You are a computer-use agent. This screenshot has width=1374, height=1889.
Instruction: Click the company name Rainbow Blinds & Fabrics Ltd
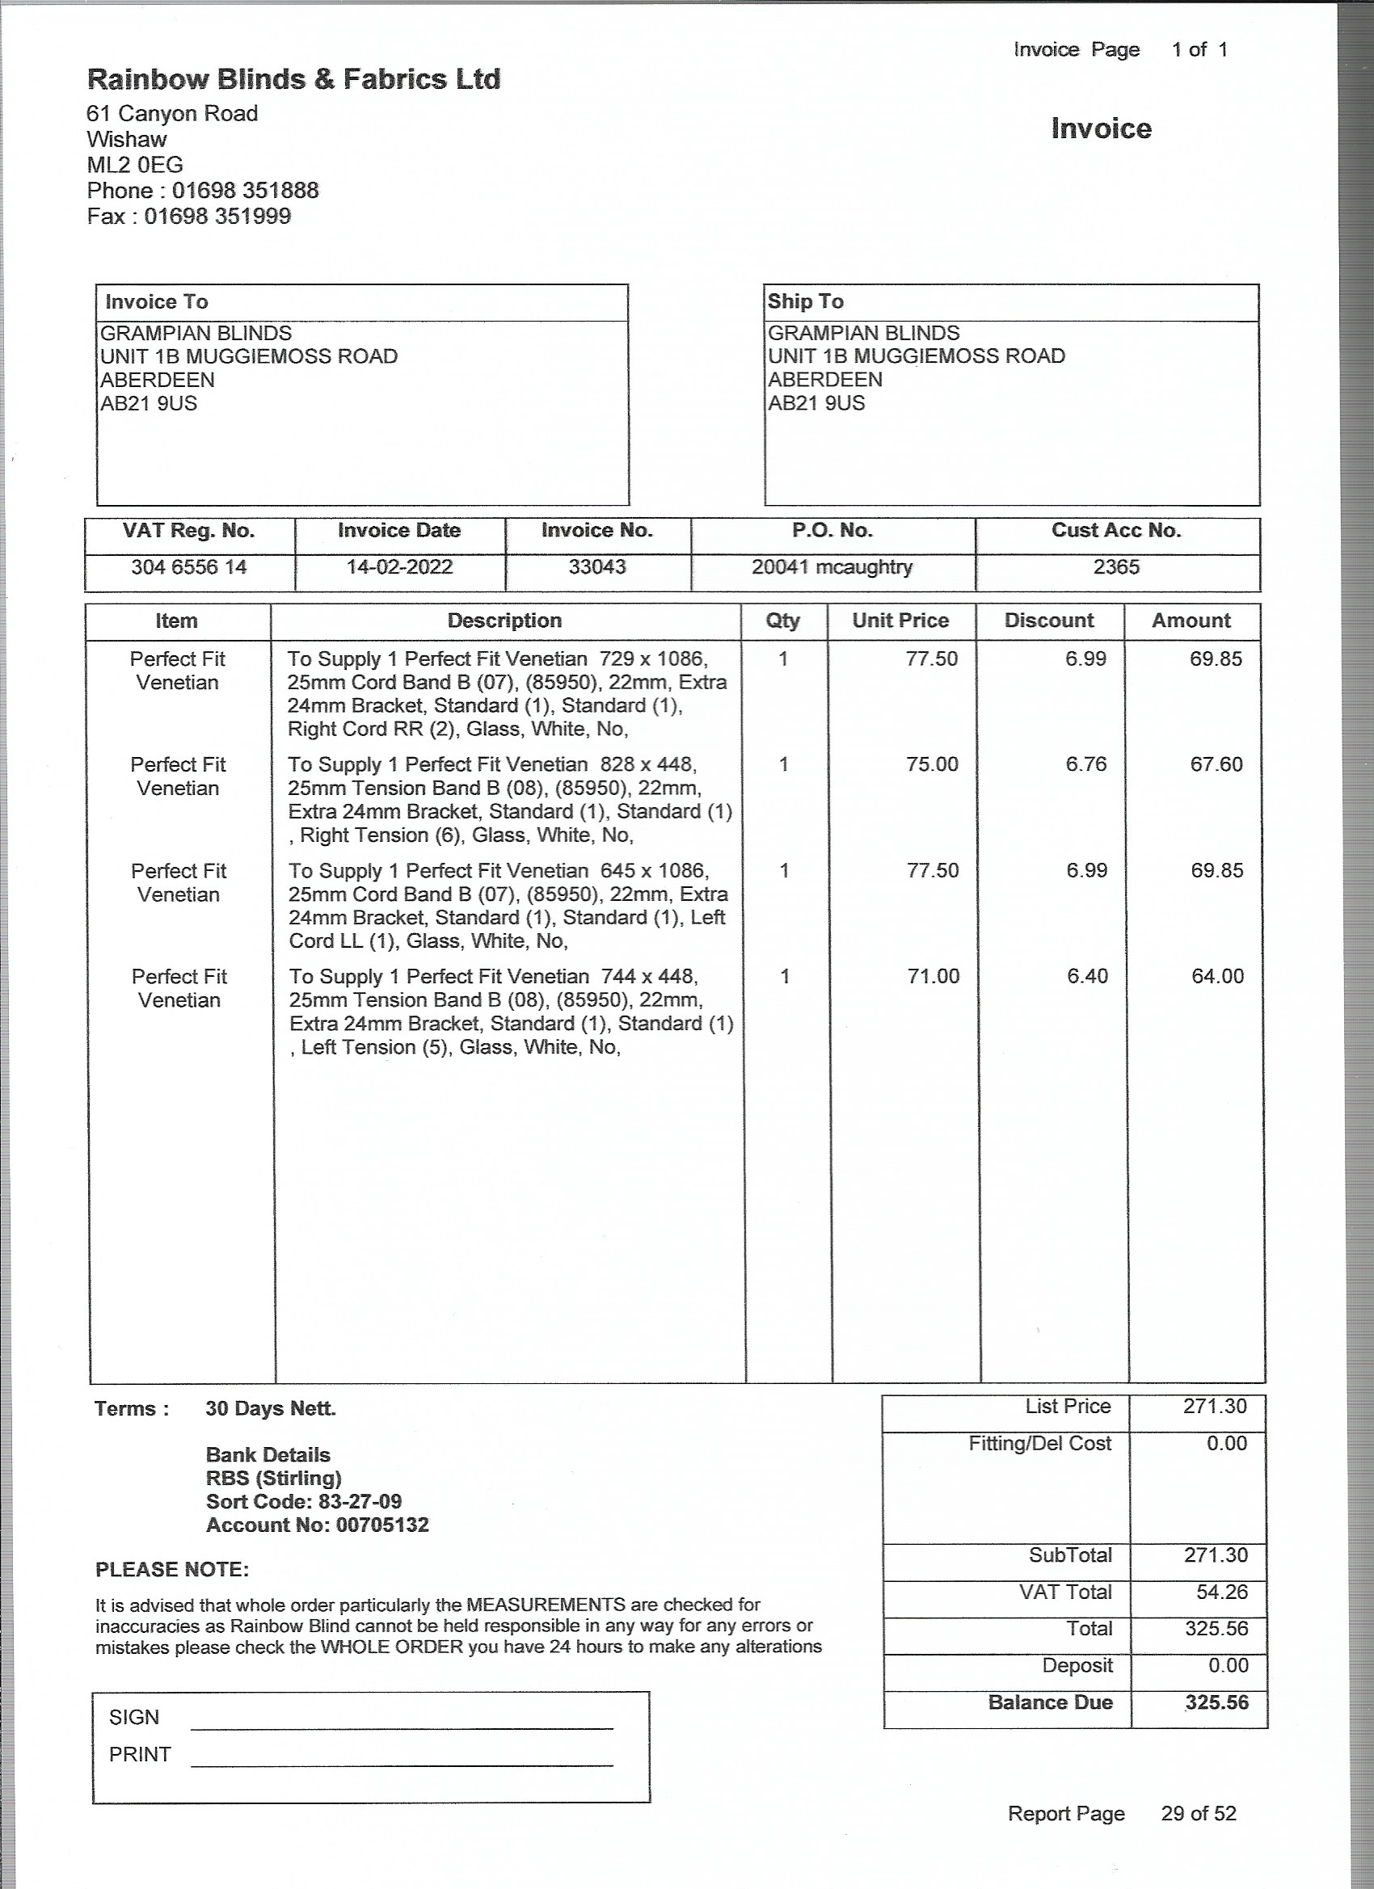[293, 80]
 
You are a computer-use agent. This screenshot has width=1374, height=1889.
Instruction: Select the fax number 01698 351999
[217, 217]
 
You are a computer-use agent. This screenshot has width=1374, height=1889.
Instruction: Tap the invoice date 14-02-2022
[399, 567]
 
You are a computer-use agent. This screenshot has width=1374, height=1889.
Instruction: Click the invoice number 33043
[597, 567]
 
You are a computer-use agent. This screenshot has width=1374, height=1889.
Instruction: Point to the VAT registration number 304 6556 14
[189, 567]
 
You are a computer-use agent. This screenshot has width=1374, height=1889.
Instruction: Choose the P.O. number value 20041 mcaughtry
[832, 567]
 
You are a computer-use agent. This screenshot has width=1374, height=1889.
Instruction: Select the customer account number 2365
[1115, 567]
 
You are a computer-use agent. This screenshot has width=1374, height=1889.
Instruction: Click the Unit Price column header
[900, 621]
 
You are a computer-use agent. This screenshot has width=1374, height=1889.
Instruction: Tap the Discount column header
[1049, 621]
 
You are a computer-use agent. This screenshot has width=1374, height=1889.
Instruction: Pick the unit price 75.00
[933, 764]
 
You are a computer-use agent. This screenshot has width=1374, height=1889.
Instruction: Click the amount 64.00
[1217, 976]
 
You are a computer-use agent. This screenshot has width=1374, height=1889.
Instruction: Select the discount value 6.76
[1085, 764]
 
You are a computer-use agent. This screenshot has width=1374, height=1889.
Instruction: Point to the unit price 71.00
[934, 976]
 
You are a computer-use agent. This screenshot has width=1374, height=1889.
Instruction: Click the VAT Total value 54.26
[1221, 1592]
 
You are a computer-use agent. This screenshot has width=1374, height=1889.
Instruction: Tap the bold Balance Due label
[1050, 1702]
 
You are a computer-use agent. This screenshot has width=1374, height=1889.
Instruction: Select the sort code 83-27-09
[359, 1502]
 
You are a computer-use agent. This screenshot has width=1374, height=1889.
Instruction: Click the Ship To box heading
[805, 301]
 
